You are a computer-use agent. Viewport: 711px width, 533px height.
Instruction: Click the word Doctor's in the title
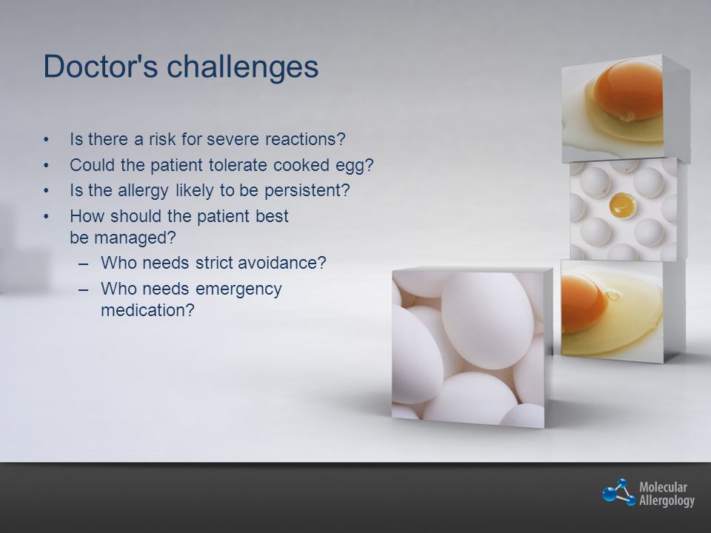click(x=101, y=66)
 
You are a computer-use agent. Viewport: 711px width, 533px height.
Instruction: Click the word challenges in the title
click(x=243, y=66)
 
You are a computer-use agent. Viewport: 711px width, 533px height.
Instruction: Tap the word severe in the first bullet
click(x=233, y=139)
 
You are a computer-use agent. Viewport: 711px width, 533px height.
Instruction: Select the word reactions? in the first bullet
click(x=305, y=139)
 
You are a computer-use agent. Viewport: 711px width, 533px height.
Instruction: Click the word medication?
click(x=148, y=310)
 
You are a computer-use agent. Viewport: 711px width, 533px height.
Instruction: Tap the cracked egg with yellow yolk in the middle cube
click(x=622, y=205)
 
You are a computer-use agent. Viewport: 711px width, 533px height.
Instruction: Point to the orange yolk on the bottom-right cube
click(x=583, y=303)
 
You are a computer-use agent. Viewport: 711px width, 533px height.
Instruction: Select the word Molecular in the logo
click(x=663, y=488)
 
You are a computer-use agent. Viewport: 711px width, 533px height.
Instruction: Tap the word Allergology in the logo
click(x=667, y=501)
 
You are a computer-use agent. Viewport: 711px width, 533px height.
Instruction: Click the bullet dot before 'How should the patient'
click(x=46, y=217)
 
